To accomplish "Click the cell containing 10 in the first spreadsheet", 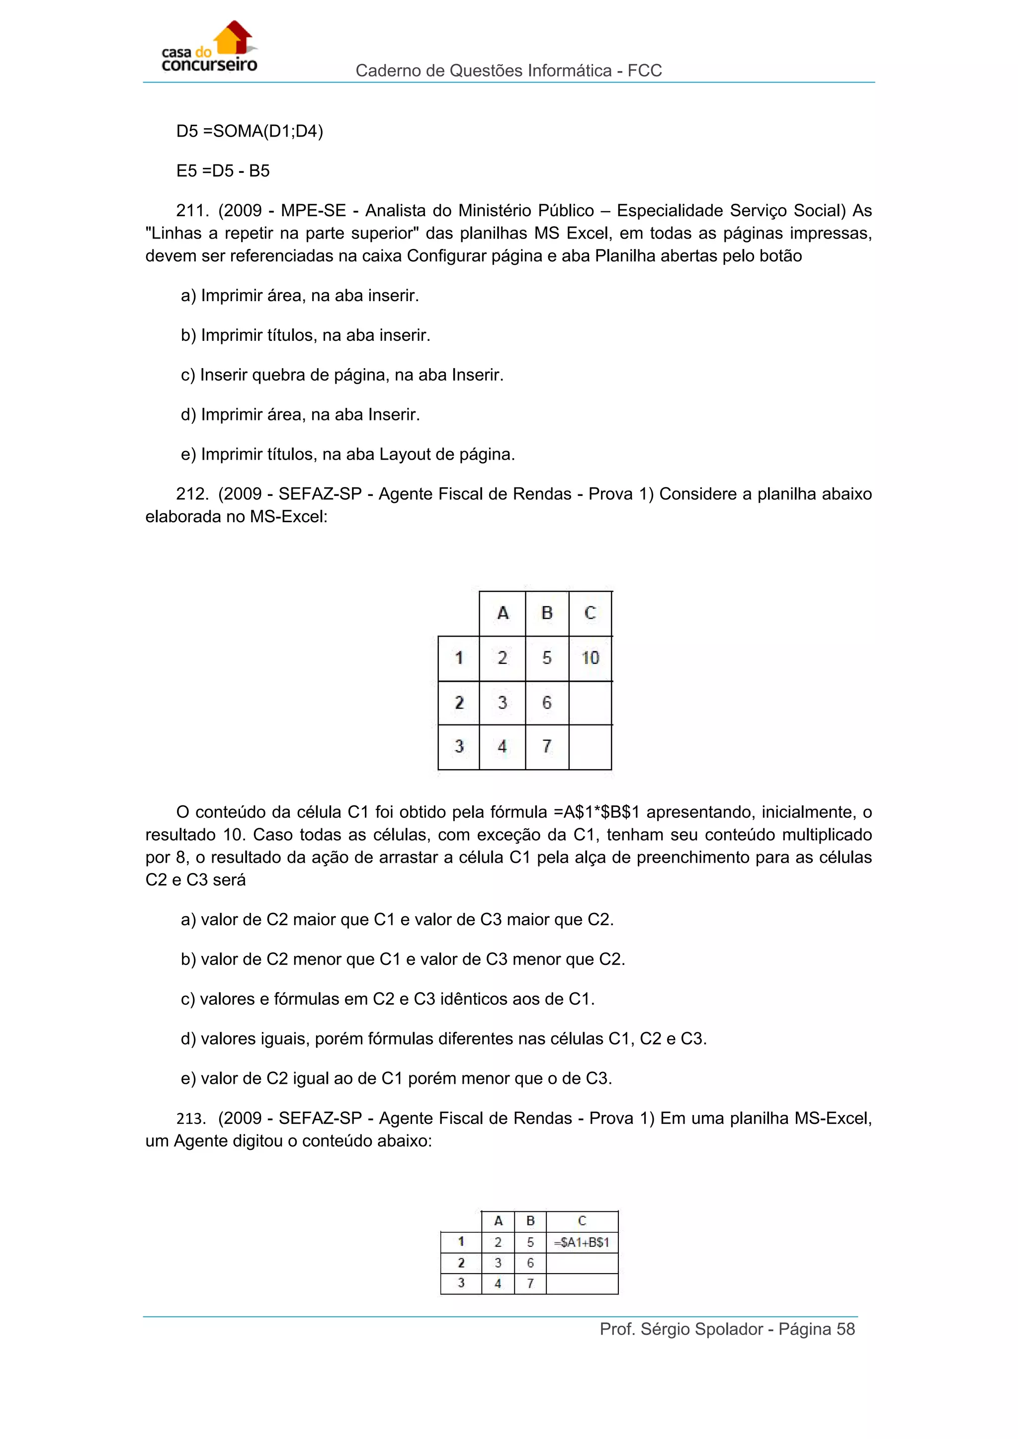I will [x=590, y=658].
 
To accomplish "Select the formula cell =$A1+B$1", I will [x=582, y=1242].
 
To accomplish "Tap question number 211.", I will [x=192, y=211].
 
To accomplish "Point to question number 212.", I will [x=192, y=494].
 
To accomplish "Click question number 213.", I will [x=190, y=1118].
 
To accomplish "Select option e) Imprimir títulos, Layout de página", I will [x=348, y=454].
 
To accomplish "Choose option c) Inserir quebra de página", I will [x=342, y=375].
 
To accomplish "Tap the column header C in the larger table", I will [x=590, y=613].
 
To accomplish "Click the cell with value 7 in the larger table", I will [x=547, y=746].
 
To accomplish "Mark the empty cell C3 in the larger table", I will [x=590, y=746].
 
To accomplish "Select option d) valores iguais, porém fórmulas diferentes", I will [x=444, y=1039].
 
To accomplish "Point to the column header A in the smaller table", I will [x=499, y=1221].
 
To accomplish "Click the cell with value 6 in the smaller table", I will [x=530, y=1263].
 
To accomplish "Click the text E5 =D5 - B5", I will [x=223, y=170].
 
